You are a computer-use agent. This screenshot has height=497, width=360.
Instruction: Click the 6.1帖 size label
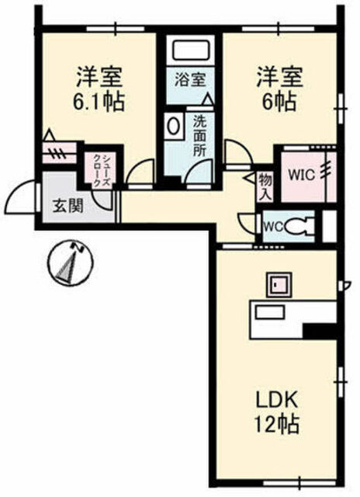coord(99,102)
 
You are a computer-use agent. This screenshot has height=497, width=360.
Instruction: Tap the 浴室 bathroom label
coord(191,79)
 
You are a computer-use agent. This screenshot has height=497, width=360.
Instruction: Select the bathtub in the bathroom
coord(191,51)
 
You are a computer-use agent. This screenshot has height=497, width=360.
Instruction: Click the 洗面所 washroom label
coord(200,135)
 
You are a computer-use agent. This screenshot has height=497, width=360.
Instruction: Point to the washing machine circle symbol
coord(173,126)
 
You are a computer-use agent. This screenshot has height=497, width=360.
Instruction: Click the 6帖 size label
coord(279,102)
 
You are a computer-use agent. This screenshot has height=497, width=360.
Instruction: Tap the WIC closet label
coord(301,175)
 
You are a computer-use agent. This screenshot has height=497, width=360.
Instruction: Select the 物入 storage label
coord(265,187)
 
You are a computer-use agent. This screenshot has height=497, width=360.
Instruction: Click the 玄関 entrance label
coord(67,207)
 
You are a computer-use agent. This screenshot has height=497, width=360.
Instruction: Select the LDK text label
coord(277,401)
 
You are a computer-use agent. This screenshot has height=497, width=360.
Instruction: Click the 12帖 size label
coord(277,424)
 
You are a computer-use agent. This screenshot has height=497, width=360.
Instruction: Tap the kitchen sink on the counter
coord(270,312)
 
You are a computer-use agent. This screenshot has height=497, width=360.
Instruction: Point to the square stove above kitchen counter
coord(279,284)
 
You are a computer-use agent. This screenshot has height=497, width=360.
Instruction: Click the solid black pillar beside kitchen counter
coord(319,332)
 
